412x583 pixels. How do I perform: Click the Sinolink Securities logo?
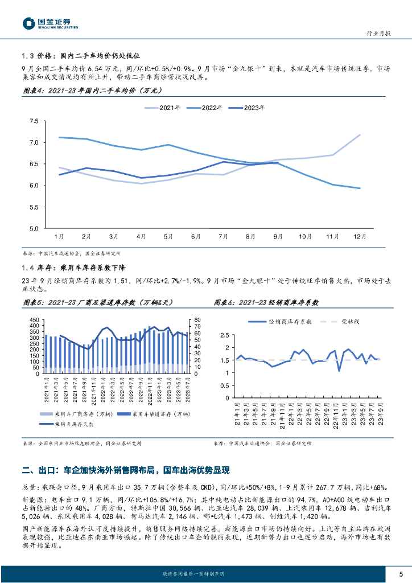click(x=50, y=23)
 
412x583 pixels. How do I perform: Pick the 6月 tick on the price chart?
click(x=196, y=236)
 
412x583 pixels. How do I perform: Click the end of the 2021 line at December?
click(x=360, y=135)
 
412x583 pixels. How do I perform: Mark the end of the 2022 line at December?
click(x=360, y=188)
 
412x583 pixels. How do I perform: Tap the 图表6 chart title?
click(x=266, y=303)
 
